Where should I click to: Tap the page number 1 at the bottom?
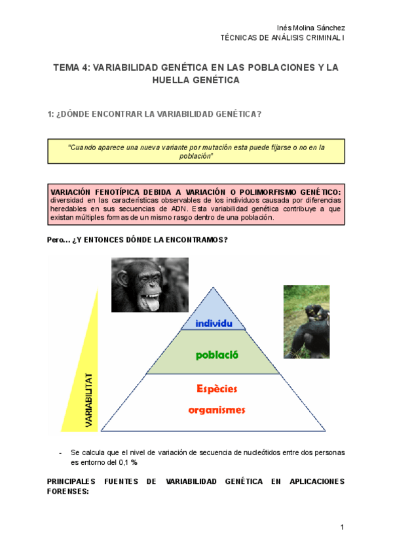342,528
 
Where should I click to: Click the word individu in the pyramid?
214,323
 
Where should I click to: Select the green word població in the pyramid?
216,355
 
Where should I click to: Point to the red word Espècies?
217,388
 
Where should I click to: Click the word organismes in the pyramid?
216,410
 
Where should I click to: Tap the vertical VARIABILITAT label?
88,401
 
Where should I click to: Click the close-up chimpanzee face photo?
149,285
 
